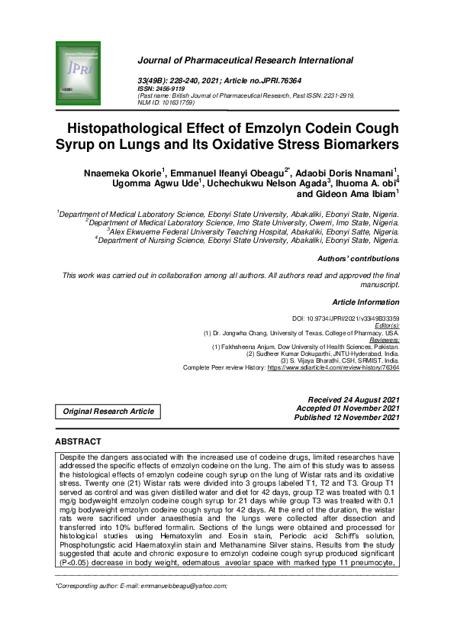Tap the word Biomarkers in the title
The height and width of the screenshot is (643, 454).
[x=336, y=144]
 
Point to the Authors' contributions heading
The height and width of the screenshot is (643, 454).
[x=358, y=259]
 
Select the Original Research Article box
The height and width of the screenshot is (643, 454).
[x=108, y=411]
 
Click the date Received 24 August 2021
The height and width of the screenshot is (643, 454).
[x=353, y=399]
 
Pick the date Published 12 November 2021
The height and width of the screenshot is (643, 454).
[x=349, y=418]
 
